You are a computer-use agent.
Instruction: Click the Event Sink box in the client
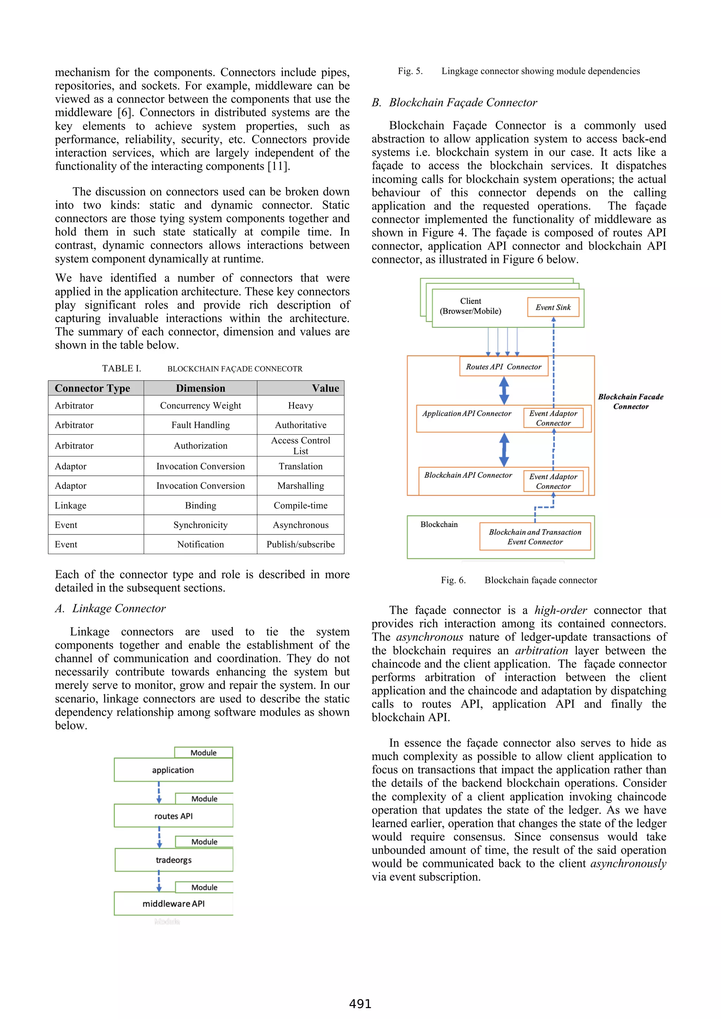553,307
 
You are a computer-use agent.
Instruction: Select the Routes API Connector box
503,367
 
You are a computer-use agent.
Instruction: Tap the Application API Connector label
466,414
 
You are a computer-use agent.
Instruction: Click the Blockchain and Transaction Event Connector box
535,537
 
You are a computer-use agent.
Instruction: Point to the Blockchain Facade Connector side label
631,402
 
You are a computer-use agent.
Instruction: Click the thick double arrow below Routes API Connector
504,391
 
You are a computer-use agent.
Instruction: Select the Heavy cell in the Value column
300,406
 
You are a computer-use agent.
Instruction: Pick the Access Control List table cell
300,446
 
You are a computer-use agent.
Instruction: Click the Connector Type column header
92,388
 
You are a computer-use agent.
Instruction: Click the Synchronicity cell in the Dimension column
200,525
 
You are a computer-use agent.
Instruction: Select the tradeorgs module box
174,860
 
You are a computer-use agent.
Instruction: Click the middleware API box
174,904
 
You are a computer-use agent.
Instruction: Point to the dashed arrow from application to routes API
159,793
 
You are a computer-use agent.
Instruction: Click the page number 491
360,1004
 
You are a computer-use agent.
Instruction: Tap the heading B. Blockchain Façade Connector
454,103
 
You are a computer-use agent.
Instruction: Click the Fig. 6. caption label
453,580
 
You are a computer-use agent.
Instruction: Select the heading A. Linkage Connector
110,608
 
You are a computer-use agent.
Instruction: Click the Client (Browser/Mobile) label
470,306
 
